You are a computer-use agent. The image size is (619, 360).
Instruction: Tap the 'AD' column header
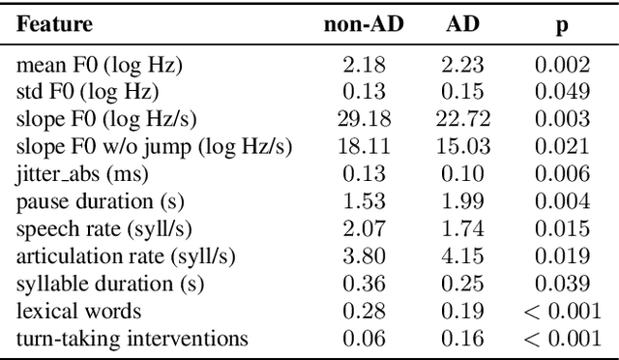[463, 23]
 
